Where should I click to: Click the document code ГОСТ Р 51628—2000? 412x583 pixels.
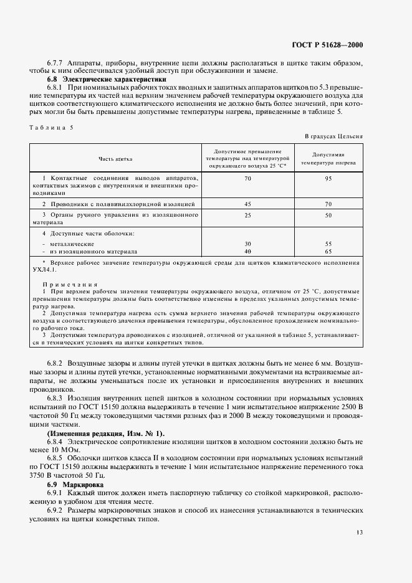(327, 45)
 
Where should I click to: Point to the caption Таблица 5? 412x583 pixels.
(52, 127)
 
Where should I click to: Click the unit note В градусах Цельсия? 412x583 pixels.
(333, 136)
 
